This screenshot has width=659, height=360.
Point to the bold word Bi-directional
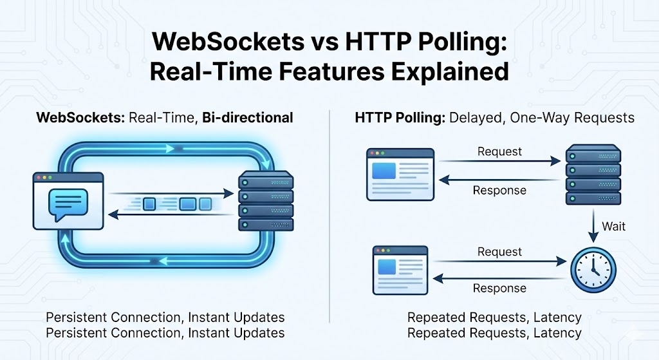click(248, 118)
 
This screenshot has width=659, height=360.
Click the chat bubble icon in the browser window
click(67, 204)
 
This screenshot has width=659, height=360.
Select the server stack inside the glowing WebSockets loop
click(266, 201)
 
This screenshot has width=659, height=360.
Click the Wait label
click(614, 227)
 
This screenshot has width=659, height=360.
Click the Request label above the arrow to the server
click(499, 152)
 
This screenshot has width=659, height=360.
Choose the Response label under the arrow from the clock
click(499, 288)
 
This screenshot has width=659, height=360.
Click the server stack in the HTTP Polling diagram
click(592, 175)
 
